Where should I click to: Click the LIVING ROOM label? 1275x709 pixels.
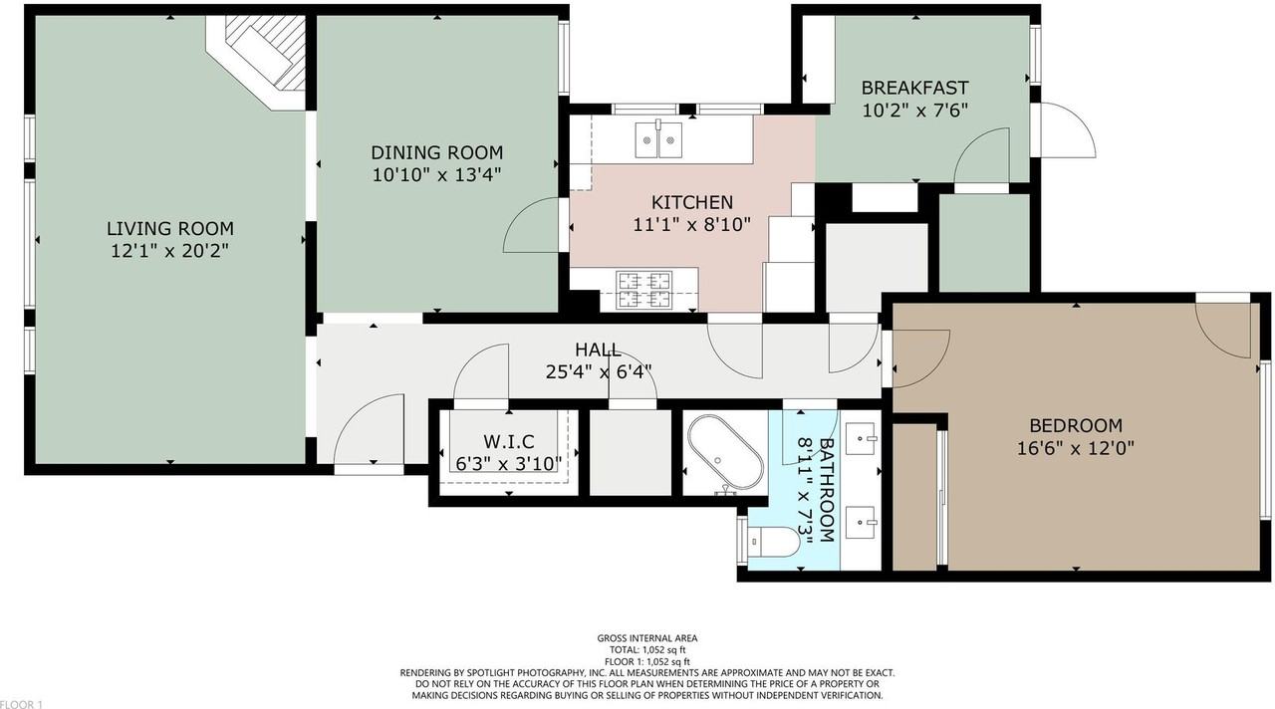[x=170, y=229]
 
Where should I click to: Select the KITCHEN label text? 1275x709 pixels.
[x=691, y=202]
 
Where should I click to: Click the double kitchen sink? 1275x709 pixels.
[x=658, y=138]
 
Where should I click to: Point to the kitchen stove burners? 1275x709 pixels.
[x=644, y=289]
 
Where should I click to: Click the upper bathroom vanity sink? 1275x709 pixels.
[x=863, y=435]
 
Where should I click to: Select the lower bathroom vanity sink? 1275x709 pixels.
[x=863, y=519]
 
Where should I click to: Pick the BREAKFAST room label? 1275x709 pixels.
[x=914, y=88]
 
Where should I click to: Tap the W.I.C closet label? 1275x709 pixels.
[x=509, y=441]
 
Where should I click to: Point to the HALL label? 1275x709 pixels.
[x=598, y=350]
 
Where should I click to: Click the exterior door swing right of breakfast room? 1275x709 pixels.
[x=1068, y=129]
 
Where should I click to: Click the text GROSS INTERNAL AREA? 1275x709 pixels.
[x=646, y=638]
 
